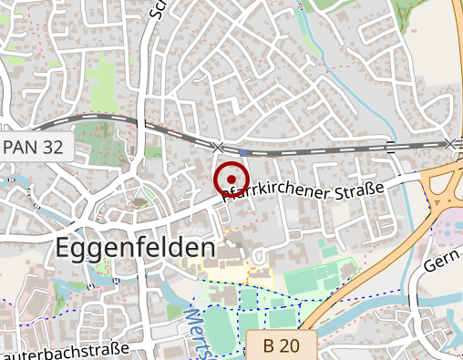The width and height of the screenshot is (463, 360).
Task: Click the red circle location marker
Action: coord(231,179)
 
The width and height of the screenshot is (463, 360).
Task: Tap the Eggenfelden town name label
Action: coord(136,248)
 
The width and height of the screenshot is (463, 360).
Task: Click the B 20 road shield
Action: coord(281,345)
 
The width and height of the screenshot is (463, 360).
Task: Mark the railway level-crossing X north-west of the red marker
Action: coord(217,147)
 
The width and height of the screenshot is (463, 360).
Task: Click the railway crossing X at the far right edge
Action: coord(449,143)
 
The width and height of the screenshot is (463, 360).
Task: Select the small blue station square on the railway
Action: coord(245,151)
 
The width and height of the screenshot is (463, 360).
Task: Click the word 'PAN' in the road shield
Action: coord(24,147)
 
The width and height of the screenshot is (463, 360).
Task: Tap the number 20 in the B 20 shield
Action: coord(291,345)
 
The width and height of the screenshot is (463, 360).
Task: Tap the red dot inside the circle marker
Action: coord(231,179)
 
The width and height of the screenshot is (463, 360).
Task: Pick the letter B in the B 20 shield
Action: coord(269,345)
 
